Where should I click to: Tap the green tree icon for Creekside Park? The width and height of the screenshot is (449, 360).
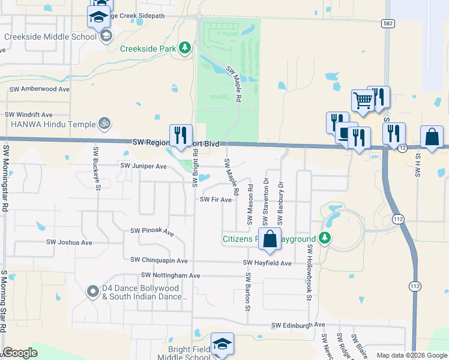pos(185,47)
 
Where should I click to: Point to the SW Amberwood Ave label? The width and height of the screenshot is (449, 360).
pos(40,89)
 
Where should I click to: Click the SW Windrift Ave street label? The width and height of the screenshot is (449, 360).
pos(29,114)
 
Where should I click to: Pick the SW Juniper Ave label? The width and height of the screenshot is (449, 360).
pos(143,166)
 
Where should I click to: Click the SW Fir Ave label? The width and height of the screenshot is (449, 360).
pos(215,200)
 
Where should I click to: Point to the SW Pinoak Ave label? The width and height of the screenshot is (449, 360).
pos(152,231)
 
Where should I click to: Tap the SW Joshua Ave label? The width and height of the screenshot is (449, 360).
pos(69,242)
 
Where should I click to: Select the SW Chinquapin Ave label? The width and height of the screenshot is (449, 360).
pos(159,260)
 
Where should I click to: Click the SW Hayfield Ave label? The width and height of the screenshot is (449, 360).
pos(267,263)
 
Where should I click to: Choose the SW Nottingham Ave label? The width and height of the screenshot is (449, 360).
pos(170,275)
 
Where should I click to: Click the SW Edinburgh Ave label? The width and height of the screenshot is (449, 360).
pos(298,325)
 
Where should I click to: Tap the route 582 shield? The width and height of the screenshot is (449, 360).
pos(387,23)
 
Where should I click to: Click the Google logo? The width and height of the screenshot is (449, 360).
pos(20,353)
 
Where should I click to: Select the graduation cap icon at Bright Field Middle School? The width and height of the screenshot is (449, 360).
pos(222,344)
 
